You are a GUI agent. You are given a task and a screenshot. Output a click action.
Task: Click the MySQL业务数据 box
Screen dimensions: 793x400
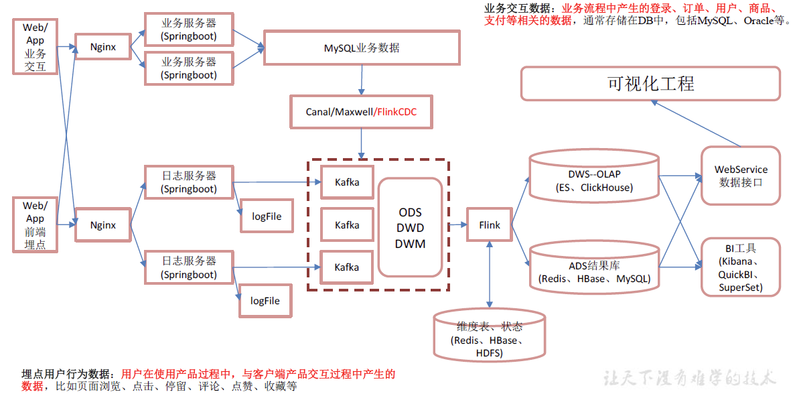[x=362, y=48]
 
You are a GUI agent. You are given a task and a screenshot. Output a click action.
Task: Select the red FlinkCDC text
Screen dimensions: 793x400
[x=397, y=112]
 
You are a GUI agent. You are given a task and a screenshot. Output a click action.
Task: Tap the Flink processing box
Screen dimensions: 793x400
[x=489, y=225]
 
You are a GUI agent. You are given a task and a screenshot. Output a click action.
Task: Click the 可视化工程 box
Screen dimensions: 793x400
[x=650, y=84]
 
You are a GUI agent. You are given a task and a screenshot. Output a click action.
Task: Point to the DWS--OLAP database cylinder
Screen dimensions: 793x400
[x=594, y=176]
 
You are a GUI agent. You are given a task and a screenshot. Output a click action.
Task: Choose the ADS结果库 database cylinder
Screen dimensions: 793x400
[x=594, y=267]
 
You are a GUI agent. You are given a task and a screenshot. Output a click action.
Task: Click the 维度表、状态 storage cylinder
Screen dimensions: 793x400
[x=489, y=335]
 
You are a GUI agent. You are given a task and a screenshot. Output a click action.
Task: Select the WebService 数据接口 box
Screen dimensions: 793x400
[x=740, y=176]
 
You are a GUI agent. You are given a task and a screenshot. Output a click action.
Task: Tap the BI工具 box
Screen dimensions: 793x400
[x=740, y=267]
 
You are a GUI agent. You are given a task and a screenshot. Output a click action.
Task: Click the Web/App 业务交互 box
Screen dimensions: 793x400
[x=35, y=46]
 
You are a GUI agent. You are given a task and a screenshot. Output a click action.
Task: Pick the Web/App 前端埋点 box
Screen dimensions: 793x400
[x=35, y=224]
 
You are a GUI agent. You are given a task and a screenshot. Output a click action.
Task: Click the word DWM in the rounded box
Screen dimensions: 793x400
[x=410, y=244]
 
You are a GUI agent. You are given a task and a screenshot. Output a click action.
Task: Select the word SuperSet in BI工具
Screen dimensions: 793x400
[x=739, y=287]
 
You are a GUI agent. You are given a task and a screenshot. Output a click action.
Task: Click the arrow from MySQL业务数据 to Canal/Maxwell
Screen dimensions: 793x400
[x=362, y=80]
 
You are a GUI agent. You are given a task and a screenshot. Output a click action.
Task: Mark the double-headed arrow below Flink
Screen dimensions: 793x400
[x=489, y=275]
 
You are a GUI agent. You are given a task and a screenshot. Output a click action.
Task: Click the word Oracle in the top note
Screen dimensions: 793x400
[x=759, y=21]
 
